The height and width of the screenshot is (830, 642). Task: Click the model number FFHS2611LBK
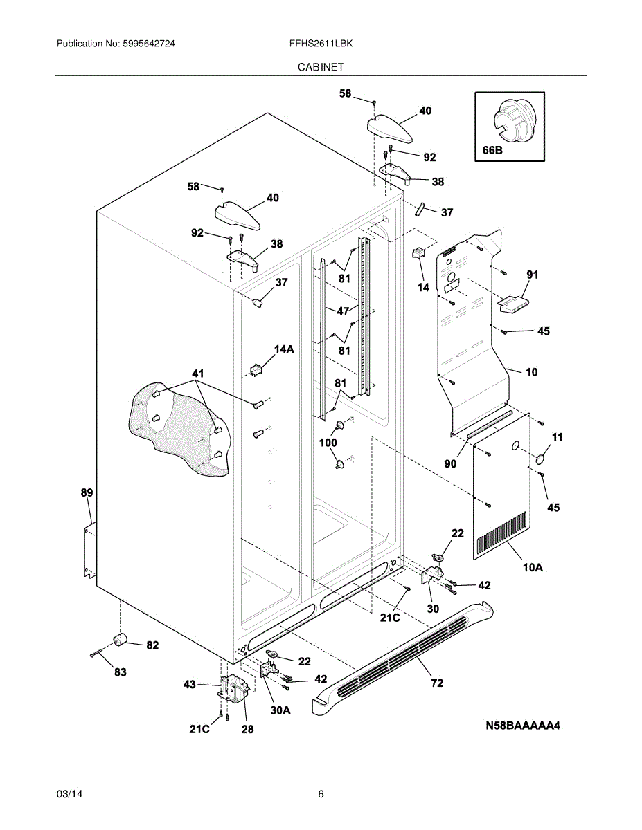tap(321, 43)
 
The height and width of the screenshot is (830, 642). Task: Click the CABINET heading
tap(321, 67)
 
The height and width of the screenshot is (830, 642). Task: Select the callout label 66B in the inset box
tap(489, 150)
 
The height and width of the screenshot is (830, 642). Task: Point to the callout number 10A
tap(533, 568)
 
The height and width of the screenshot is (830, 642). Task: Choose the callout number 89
tap(87, 493)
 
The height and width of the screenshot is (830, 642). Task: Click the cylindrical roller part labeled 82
tap(121, 639)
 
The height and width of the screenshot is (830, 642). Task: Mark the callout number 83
tap(121, 672)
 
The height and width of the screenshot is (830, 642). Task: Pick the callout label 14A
tap(284, 350)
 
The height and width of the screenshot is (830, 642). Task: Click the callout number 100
tap(328, 443)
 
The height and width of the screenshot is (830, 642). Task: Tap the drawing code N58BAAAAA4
tap(522, 726)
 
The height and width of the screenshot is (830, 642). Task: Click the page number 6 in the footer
tap(321, 794)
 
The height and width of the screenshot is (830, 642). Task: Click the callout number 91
tap(532, 275)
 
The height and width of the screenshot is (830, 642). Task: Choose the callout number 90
tap(450, 464)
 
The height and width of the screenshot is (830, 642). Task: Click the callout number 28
tap(247, 729)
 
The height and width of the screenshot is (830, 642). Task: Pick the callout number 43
tap(189, 684)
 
